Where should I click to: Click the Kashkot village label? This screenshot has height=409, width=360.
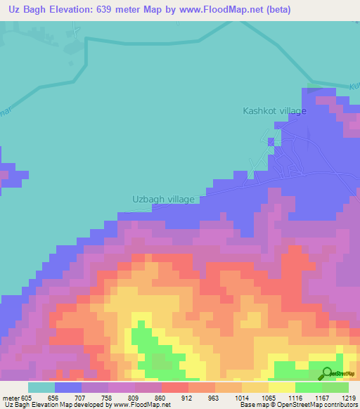pyautogui.click(x=274, y=111)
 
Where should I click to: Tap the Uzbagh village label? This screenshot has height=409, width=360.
pyautogui.click(x=163, y=200)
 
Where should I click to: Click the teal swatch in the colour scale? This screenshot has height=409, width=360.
pyautogui.click(x=41, y=387)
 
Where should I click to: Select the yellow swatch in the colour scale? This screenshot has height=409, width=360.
pyautogui.click(x=282, y=387)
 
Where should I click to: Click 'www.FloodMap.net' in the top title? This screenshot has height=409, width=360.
pyautogui.click(x=213, y=10)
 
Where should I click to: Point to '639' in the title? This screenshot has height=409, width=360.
pyautogui.click(x=114, y=10)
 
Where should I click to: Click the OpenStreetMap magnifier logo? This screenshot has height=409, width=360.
pyautogui.click(x=327, y=372)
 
